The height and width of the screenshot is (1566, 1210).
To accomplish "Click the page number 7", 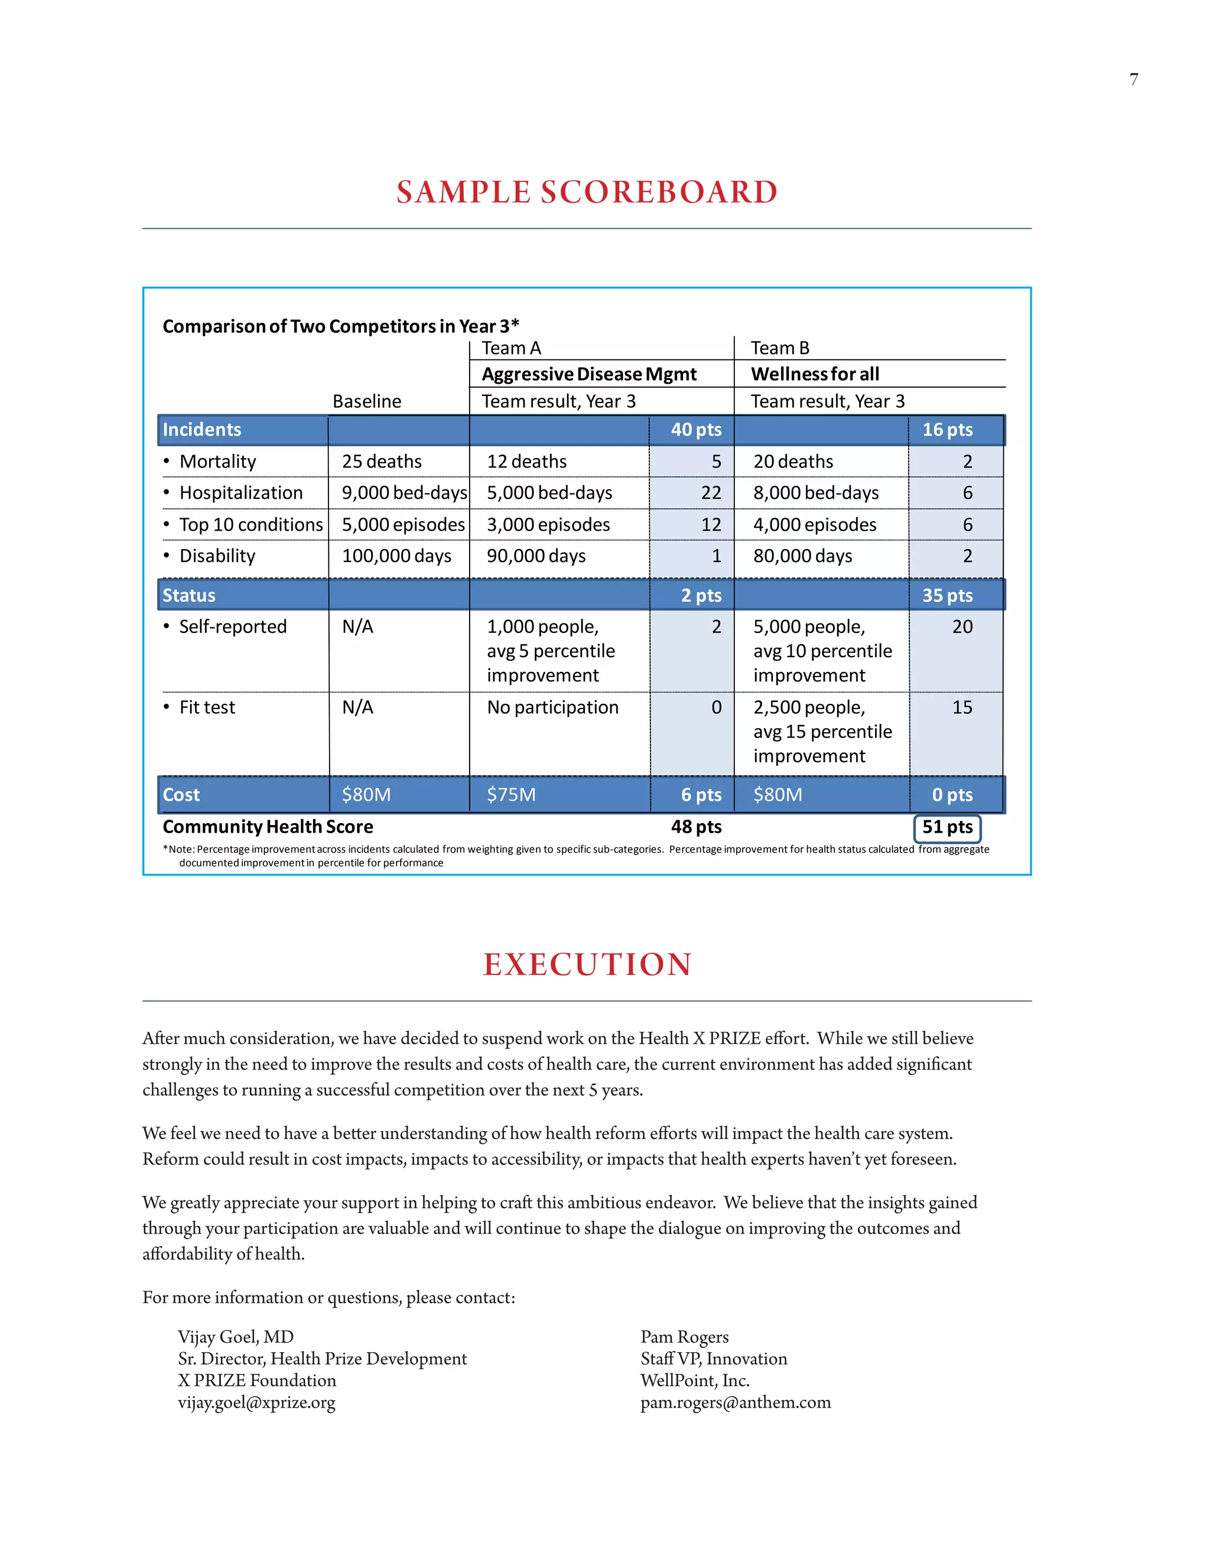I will (1133, 80).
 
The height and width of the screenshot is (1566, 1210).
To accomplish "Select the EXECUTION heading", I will (587, 964).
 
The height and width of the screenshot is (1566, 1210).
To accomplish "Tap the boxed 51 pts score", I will (947, 827).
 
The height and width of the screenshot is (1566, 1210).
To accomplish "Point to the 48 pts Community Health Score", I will (696, 827).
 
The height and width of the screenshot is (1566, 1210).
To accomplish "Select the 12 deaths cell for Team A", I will (527, 462).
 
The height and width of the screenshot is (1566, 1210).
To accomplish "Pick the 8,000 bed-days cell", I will (816, 493).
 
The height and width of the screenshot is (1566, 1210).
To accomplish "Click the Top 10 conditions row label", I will (251, 525).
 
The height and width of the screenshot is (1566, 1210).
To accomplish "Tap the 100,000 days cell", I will (396, 557).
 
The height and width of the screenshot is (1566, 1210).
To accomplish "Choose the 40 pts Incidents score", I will (696, 430).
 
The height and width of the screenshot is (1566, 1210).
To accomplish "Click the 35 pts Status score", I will (947, 596).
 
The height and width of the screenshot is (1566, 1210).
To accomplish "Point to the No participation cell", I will (552, 708).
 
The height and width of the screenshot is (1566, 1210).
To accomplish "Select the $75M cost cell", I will (511, 795).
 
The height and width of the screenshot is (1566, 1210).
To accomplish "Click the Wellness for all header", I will (815, 374).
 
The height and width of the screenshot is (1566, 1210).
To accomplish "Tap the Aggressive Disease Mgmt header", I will (589, 374).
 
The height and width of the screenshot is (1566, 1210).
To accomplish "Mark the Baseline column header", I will (367, 401).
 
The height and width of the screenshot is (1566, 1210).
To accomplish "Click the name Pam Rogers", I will (685, 1337).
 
